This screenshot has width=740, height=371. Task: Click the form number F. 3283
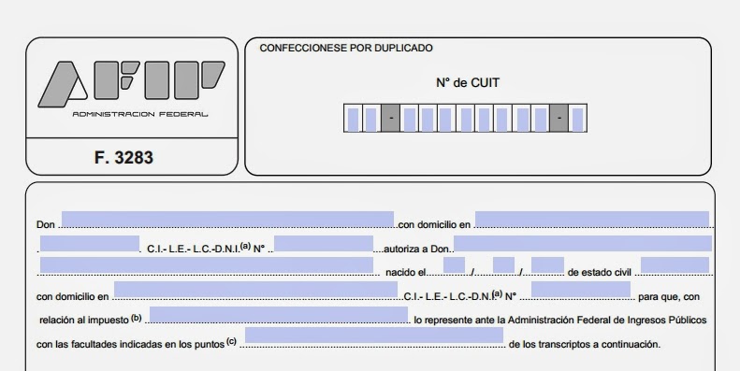tap(123, 158)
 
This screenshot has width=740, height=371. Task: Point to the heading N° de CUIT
tap(468, 82)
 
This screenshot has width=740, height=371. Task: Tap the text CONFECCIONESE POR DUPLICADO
tap(345, 48)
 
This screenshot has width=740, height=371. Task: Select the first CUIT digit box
tap(353, 119)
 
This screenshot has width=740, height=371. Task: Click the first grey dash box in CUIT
tap(390, 119)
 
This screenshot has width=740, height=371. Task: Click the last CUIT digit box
tap(578, 119)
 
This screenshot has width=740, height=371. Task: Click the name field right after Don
tap(227, 220)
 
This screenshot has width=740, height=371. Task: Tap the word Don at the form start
tap(46, 225)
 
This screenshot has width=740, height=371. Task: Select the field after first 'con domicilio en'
tap(591, 220)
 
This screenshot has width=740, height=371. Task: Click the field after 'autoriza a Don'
tap(582, 243)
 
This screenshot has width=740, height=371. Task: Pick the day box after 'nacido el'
tap(455, 265)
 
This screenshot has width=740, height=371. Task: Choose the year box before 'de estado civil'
tap(547, 265)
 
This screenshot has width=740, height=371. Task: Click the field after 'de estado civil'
tap(675, 265)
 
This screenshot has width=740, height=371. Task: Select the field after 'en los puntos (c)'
tap(373, 336)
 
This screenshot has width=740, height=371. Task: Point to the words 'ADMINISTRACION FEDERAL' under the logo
tap(140, 114)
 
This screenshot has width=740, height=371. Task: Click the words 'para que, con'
tap(668, 297)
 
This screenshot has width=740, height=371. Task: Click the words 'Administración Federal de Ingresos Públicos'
tap(599, 320)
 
